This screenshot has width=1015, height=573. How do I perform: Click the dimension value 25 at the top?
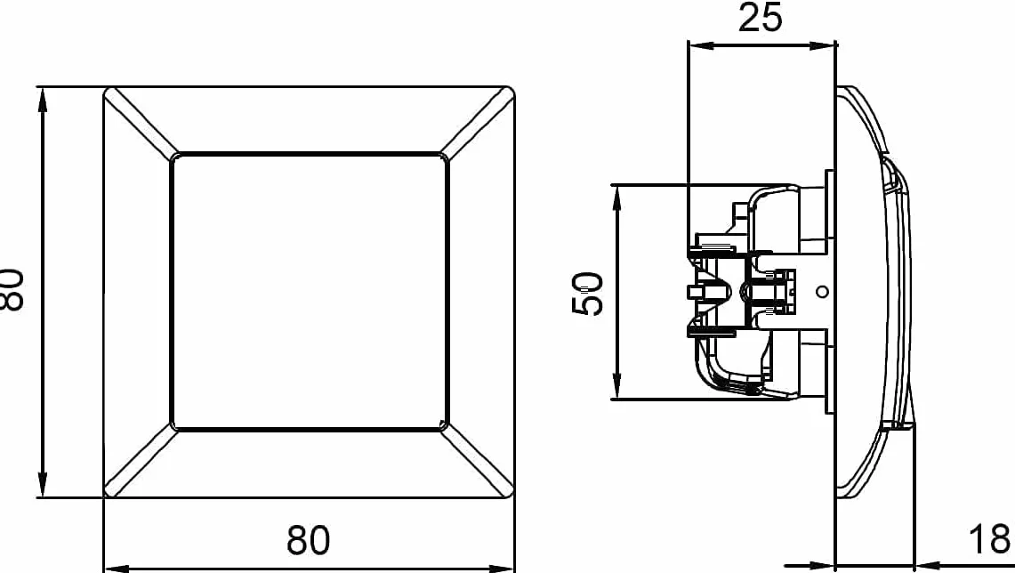pyautogui.click(x=760, y=18)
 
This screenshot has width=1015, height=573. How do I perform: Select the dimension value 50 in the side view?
pyautogui.click(x=588, y=294)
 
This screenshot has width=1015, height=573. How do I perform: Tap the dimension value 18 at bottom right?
pyautogui.click(x=989, y=538)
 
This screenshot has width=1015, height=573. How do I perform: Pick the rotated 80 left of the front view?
pyautogui.click(x=12, y=289)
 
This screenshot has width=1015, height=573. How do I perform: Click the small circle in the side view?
pyautogui.click(x=822, y=292)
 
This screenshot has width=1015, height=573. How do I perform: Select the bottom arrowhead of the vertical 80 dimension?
pyautogui.click(x=43, y=485)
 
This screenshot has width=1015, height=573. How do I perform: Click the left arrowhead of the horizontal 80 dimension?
pyautogui.click(x=117, y=569)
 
